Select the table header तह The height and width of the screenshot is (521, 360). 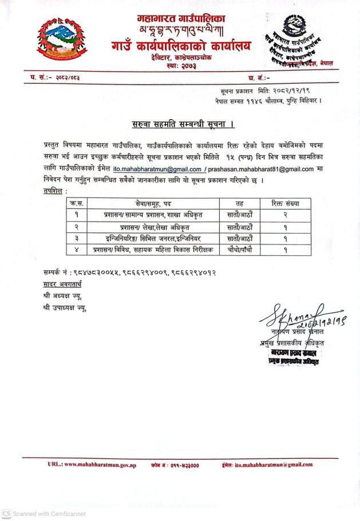point(240,203)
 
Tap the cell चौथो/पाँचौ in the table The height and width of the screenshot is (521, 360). point(240,250)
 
